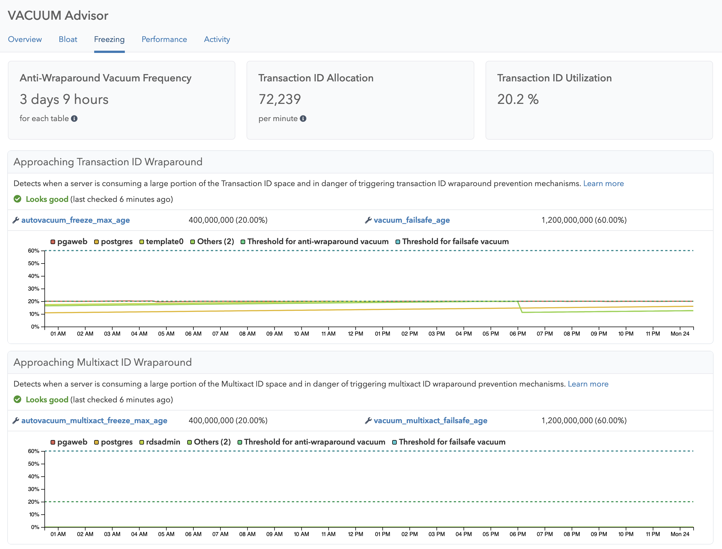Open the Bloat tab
point(68,39)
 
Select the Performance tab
point(164,39)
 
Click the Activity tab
point(217,39)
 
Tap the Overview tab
point(25,39)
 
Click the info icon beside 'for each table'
point(75,119)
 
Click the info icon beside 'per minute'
point(303,119)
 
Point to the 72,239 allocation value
point(280,99)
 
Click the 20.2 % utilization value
point(518,99)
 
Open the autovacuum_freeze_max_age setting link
point(75,220)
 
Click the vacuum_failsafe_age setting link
point(412,220)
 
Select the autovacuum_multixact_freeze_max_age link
point(94,420)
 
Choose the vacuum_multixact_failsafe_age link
point(430,420)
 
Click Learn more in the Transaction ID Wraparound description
point(604,183)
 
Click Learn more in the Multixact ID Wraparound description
point(588,384)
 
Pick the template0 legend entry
point(162,242)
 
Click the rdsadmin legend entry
point(160,442)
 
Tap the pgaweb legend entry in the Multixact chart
point(69,442)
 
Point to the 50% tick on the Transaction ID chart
point(34,264)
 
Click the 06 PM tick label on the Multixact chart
point(518,534)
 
